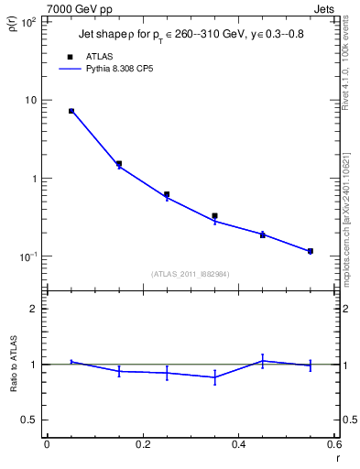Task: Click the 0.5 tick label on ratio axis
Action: pos(29,420)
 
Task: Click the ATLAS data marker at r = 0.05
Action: pos(71,111)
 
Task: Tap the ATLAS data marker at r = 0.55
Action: pos(311,251)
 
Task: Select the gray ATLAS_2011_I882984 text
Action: pos(191,273)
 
